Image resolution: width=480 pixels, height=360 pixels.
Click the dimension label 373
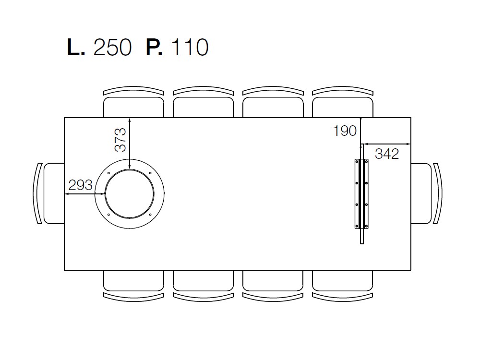(120, 140)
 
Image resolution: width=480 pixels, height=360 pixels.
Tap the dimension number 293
(81, 185)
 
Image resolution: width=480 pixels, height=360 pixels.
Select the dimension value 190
(345, 131)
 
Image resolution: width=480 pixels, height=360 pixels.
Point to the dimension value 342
(387, 154)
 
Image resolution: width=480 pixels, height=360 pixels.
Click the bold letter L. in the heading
(76, 47)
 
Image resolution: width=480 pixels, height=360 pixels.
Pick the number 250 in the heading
(112, 47)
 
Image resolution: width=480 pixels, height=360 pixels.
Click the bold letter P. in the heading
(154, 47)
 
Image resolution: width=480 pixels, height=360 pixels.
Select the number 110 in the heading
(190, 47)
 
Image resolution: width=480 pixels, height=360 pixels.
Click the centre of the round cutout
(130, 194)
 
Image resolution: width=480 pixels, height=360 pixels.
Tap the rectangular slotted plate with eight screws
(361, 194)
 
